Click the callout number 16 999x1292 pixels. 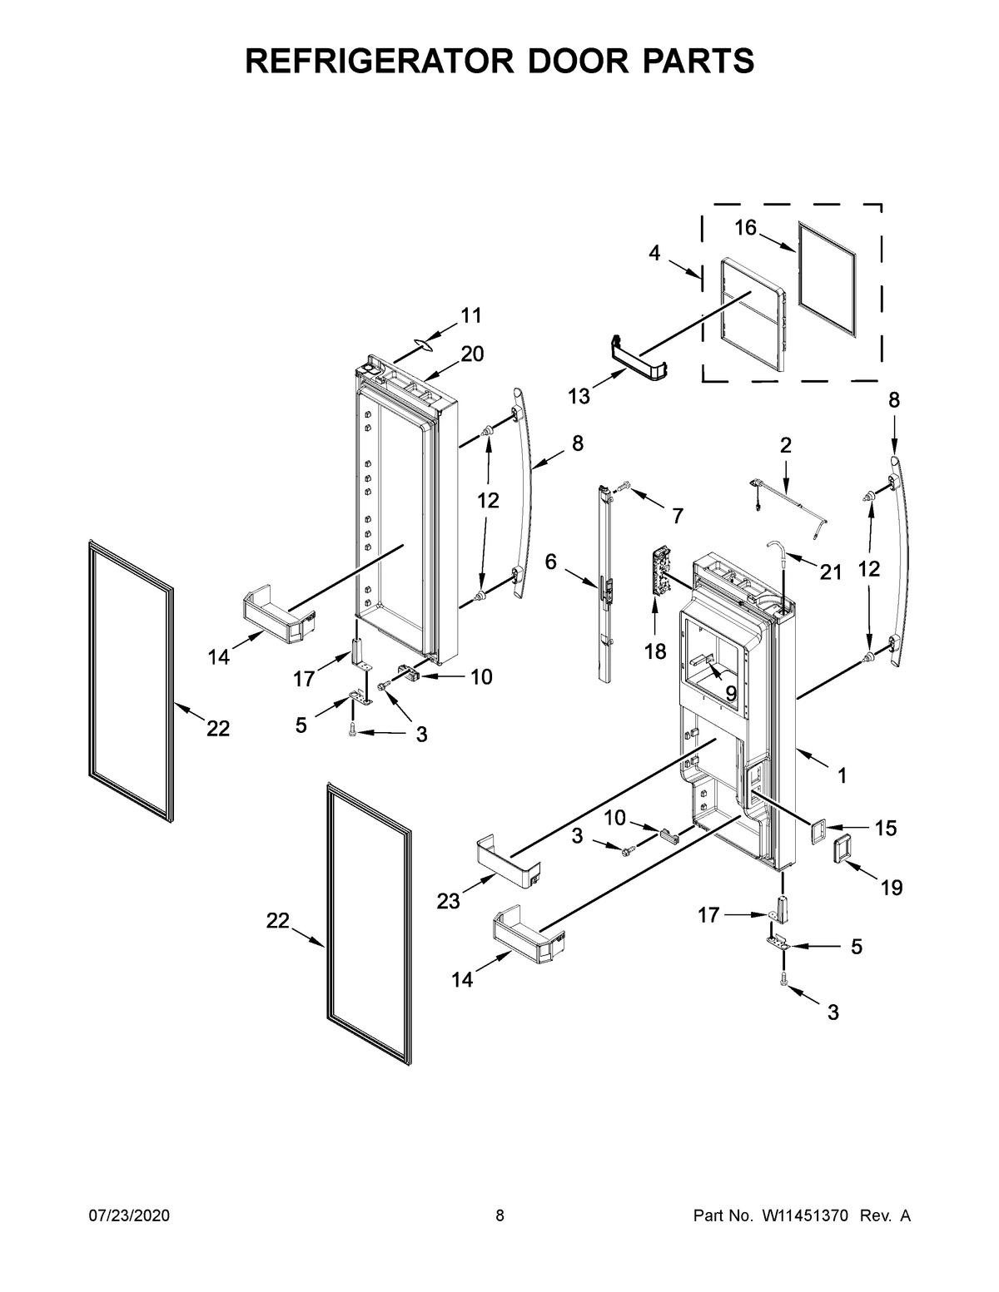(x=745, y=227)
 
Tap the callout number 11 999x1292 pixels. (x=471, y=315)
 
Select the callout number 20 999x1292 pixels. (x=471, y=354)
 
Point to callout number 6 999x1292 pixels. (x=551, y=562)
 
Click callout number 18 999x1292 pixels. (x=656, y=651)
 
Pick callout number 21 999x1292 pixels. (x=830, y=572)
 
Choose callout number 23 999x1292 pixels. (x=449, y=901)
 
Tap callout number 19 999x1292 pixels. (x=891, y=888)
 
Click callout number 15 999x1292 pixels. (x=886, y=828)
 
